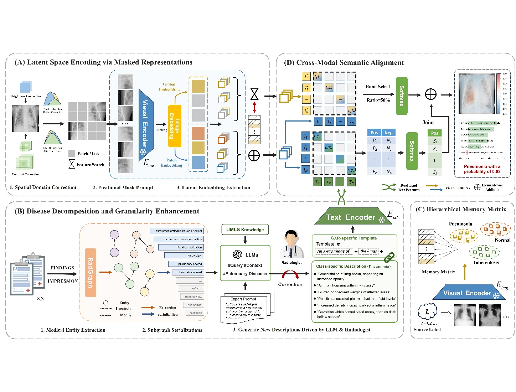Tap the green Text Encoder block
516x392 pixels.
(x=351, y=217)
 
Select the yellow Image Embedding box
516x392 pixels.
(x=175, y=126)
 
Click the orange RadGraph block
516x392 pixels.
(x=91, y=273)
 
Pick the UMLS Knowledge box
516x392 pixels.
(x=245, y=229)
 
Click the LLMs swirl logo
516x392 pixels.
(x=237, y=254)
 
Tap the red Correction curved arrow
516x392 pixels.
(x=290, y=275)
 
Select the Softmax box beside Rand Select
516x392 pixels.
(x=402, y=96)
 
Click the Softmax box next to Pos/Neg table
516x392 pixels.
(x=412, y=151)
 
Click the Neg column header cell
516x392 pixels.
(x=388, y=133)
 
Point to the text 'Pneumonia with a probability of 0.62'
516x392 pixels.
(x=482, y=169)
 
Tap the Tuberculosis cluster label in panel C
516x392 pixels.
(x=485, y=263)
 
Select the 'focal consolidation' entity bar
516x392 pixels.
(x=181, y=247)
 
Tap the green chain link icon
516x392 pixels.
(x=389, y=256)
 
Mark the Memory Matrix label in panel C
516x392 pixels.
(x=438, y=272)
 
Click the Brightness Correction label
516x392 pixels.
(x=26, y=96)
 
